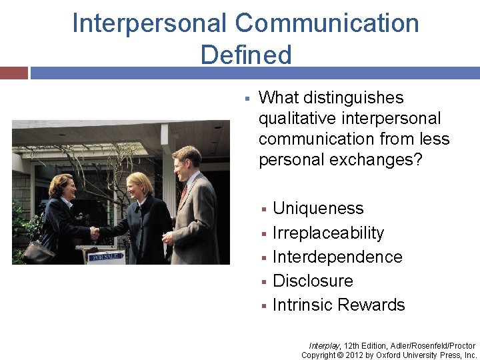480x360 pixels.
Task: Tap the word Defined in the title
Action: [x=246, y=55]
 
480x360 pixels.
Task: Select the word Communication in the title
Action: [x=327, y=23]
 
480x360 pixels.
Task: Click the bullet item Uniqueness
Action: [x=318, y=209]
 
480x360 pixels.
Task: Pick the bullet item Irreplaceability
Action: [x=328, y=233]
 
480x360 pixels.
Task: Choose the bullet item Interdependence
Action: [x=337, y=257]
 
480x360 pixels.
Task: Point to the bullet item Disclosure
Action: [x=313, y=281]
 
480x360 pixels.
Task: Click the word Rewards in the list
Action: [x=371, y=305]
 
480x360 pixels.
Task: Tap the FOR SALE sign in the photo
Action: [x=107, y=256]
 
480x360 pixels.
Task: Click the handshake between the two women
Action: [x=95, y=233]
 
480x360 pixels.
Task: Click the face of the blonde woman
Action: [x=141, y=186]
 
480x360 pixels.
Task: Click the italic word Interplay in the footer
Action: [x=325, y=346]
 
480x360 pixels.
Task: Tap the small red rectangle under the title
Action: [x=13, y=73]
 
